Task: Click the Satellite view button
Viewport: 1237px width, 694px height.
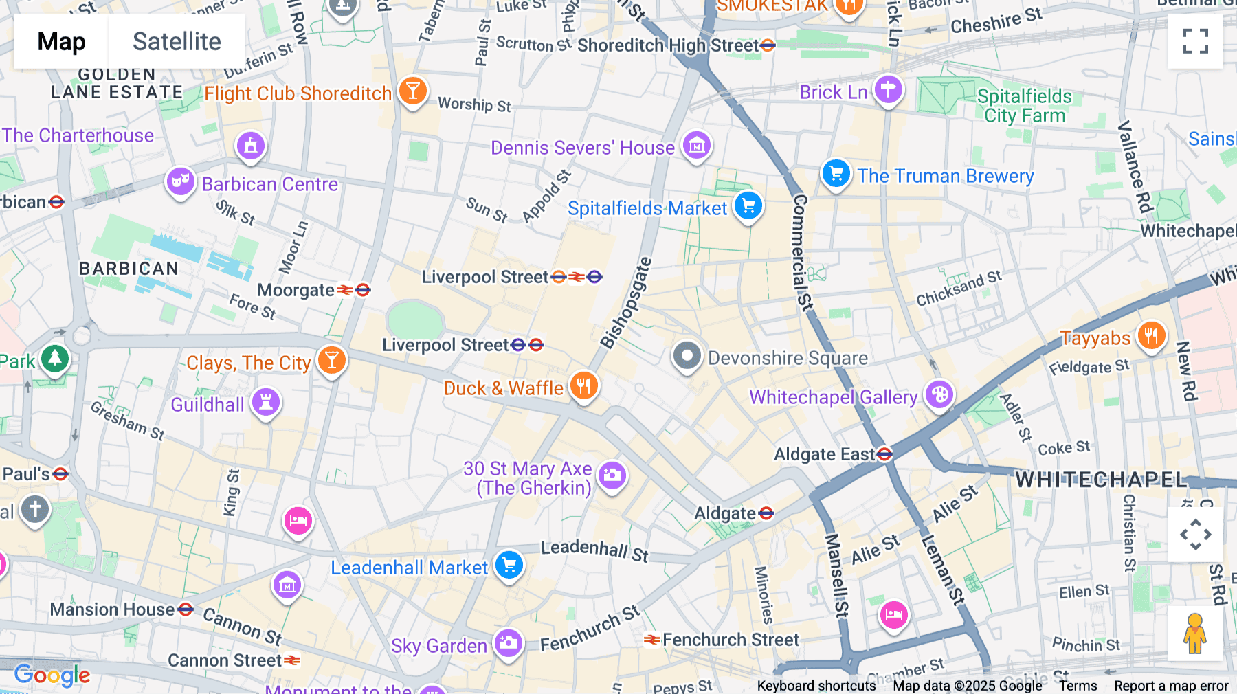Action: click(177, 41)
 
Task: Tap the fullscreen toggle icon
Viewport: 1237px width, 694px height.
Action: click(1195, 41)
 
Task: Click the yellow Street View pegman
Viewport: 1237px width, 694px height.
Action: click(1195, 634)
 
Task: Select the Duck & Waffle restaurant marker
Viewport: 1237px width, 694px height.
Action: click(583, 386)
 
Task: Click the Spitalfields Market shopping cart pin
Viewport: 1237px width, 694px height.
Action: click(748, 205)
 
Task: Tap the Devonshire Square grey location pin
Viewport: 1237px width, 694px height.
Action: click(687, 356)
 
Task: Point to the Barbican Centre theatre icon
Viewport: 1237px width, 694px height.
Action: click(180, 182)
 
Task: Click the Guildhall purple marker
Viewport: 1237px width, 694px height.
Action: click(266, 402)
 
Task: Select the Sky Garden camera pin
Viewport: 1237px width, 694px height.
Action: click(509, 643)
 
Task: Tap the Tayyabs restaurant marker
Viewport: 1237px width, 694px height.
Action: click(1151, 336)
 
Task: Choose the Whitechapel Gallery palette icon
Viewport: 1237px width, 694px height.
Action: click(939, 395)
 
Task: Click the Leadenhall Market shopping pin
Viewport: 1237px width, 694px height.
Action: click(509, 566)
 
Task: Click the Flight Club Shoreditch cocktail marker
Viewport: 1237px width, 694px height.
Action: click(413, 91)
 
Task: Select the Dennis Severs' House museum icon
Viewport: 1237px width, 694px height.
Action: click(697, 145)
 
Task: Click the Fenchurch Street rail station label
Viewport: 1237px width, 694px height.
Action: click(730, 640)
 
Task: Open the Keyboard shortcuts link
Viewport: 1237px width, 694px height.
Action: click(816, 685)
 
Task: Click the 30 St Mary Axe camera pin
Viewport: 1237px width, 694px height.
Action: click(612, 475)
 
